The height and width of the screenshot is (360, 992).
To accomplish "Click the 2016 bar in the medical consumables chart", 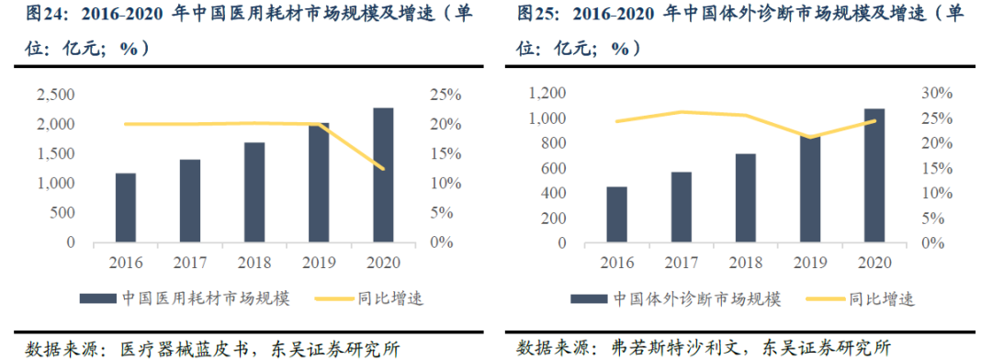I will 126,208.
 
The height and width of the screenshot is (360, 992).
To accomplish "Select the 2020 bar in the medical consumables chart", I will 383,175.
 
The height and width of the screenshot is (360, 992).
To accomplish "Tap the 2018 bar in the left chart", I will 254,193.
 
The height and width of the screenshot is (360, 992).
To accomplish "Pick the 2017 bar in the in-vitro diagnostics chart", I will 682,207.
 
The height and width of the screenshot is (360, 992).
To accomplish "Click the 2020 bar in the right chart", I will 874,175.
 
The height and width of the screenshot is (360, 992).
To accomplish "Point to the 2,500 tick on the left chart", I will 55,95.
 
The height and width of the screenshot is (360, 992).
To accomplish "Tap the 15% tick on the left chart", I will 448,154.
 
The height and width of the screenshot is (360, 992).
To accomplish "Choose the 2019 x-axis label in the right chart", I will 810,262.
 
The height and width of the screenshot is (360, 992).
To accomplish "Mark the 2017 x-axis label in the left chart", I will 190,262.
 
